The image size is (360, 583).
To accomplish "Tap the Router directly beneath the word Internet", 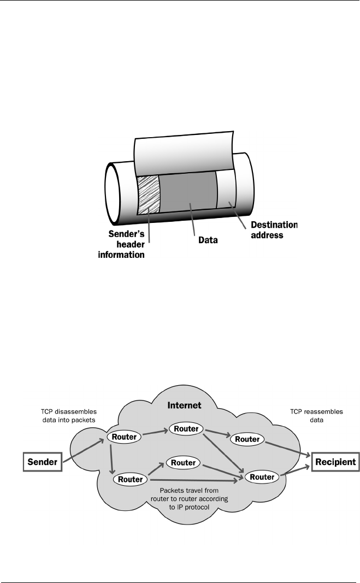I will tap(187, 429).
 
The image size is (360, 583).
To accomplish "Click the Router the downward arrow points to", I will tap(130, 479).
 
